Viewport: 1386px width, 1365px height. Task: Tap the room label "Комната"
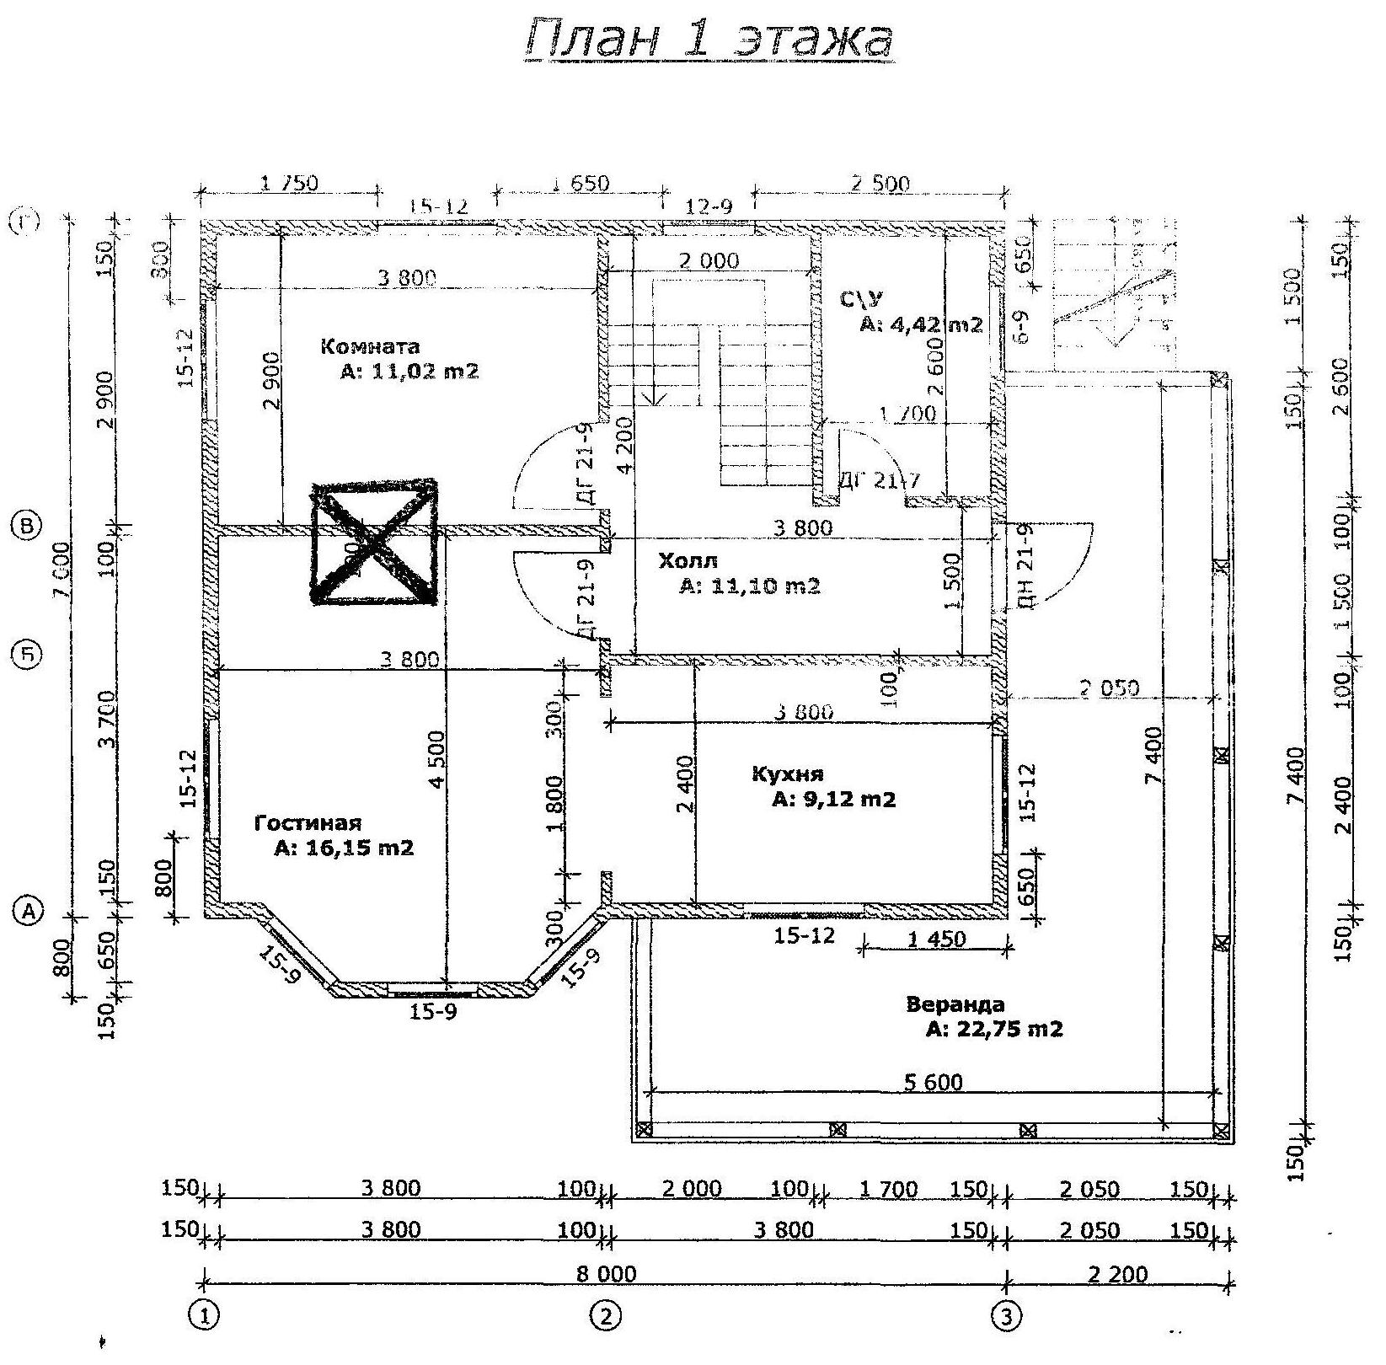pos(370,346)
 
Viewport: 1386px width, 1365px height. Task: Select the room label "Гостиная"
pos(308,823)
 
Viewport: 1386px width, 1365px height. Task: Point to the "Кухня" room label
pos(787,773)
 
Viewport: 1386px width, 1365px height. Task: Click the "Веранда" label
pos(955,1004)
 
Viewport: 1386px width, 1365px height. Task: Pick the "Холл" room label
pos(688,561)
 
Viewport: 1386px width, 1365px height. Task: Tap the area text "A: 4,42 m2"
pos(921,324)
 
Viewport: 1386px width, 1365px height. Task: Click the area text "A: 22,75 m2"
pos(994,1029)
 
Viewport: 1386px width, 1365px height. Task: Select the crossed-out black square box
pos(374,543)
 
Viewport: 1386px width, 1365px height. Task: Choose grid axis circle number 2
pos(605,1315)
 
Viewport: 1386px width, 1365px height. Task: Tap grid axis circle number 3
pos(1005,1315)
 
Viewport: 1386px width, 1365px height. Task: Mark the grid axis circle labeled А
pos(29,910)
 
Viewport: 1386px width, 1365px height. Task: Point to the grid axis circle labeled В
pos(29,527)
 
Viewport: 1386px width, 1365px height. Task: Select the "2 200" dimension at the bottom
pos(1118,1273)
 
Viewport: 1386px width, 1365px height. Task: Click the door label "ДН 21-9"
pos(1024,565)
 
